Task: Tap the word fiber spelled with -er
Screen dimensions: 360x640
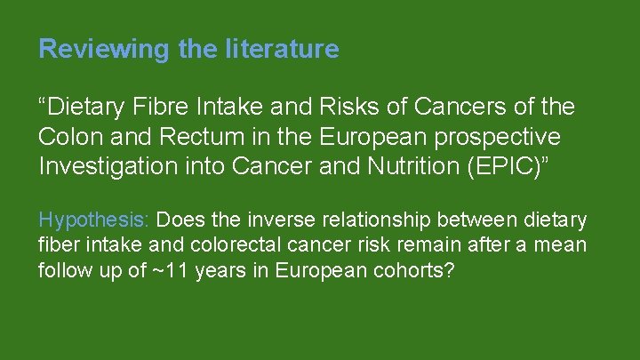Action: (57, 244)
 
